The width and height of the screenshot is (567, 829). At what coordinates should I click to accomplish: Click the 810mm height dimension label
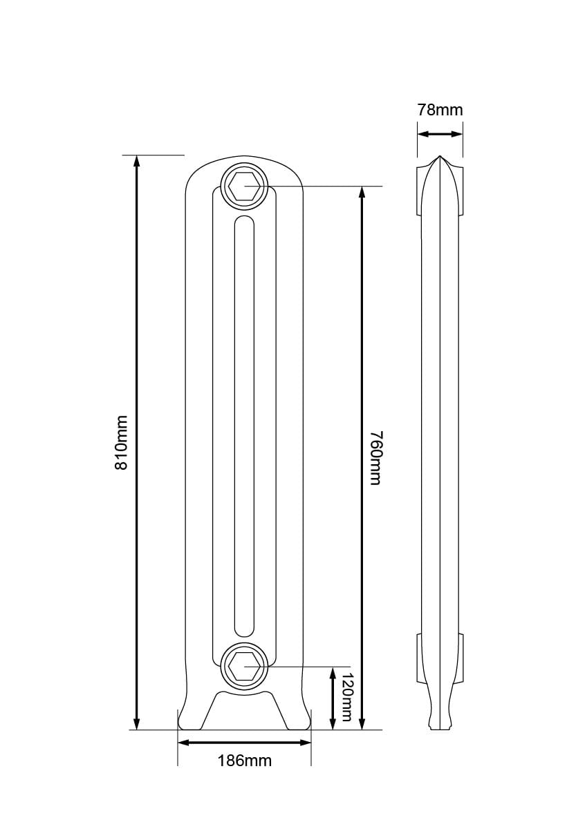click(x=121, y=442)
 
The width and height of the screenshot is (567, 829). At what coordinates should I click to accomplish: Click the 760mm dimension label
click(x=375, y=457)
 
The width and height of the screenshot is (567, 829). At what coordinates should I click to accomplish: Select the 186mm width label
click(x=245, y=761)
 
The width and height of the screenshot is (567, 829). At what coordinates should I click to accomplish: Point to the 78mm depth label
click(x=440, y=109)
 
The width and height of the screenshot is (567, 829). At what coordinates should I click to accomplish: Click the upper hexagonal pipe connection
click(x=245, y=186)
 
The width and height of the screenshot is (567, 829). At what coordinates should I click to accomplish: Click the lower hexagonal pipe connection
click(x=245, y=666)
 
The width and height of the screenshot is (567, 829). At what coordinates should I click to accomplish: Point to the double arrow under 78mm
click(x=440, y=133)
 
